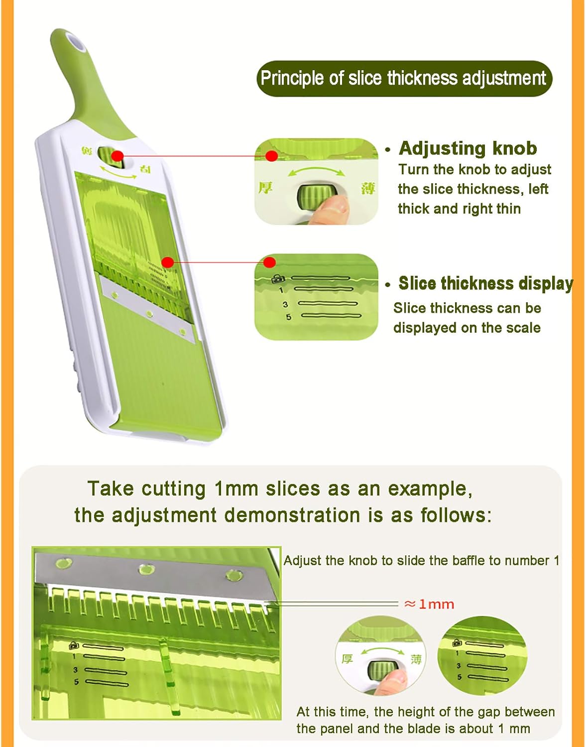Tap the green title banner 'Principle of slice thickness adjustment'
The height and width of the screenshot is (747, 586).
point(404,78)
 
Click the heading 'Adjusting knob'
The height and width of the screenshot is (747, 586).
point(468,148)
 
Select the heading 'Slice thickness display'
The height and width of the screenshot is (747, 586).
point(485,283)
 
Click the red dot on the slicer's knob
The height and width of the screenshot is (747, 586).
point(117,156)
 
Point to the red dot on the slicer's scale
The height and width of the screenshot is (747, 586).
point(168,262)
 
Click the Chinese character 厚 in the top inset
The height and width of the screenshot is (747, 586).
point(265,188)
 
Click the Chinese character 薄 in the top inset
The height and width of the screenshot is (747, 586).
point(368,189)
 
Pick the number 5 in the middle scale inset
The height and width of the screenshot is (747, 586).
point(288,317)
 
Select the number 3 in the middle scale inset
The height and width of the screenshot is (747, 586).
point(285,304)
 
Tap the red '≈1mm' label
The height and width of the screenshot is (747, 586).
point(429,605)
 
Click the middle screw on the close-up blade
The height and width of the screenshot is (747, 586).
point(146,568)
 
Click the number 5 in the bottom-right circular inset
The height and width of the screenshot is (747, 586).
point(460,677)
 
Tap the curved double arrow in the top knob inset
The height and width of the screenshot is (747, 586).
point(317,172)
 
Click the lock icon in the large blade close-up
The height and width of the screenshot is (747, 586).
point(74,645)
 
